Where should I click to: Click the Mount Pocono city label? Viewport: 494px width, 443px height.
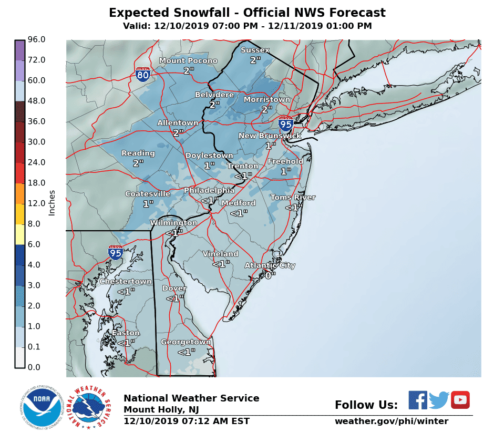click(x=188, y=61)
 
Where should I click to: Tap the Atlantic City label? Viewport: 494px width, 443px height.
click(x=270, y=265)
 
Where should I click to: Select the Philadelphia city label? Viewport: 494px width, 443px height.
click(x=209, y=190)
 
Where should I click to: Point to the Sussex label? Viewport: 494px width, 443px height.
click(x=255, y=50)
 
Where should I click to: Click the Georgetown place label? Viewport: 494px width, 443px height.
click(x=186, y=342)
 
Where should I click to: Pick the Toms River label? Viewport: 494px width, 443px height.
click(x=293, y=198)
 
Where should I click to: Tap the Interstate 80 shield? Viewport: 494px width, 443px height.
click(x=142, y=74)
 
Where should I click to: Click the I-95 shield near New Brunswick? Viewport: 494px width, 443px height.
click(x=285, y=123)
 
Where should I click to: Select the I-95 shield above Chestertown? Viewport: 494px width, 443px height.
click(x=116, y=252)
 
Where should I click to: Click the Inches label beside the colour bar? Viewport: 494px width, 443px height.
click(x=52, y=203)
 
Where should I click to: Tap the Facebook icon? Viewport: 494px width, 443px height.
click(x=418, y=400)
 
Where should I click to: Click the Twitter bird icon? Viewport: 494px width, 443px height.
click(x=439, y=400)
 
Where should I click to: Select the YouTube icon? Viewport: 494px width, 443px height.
click(x=460, y=400)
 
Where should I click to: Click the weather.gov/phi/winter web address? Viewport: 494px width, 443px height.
click(x=391, y=421)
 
